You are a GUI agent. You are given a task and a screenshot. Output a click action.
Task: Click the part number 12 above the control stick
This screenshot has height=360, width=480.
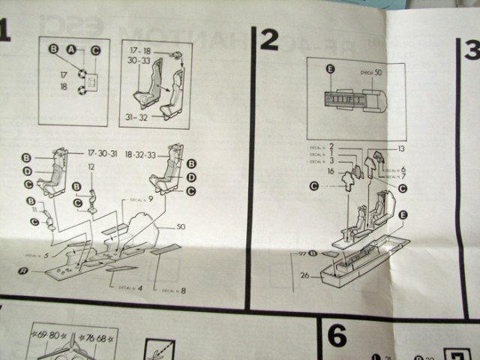tap(91, 167)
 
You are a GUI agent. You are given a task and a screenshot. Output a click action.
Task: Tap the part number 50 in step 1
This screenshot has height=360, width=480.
tap(181, 226)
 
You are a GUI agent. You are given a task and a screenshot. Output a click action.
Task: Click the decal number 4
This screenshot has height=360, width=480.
tap(140, 288)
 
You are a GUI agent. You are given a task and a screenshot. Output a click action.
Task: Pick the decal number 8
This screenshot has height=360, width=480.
tap(182, 290)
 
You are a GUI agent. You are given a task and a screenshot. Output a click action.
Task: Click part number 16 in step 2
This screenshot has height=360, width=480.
tap(330, 172)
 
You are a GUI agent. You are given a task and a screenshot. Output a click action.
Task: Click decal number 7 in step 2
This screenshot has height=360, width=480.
tap(403, 176)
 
